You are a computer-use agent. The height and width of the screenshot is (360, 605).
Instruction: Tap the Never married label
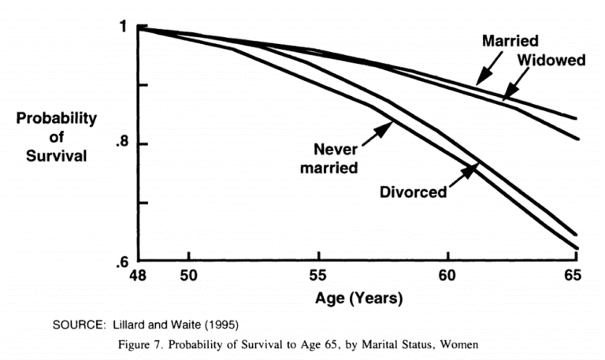(336, 158)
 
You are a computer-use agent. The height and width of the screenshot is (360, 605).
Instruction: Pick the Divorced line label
(413, 191)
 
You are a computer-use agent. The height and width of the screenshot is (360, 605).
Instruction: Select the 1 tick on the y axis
(122, 28)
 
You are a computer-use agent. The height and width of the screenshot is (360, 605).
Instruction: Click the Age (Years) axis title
(359, 299)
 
